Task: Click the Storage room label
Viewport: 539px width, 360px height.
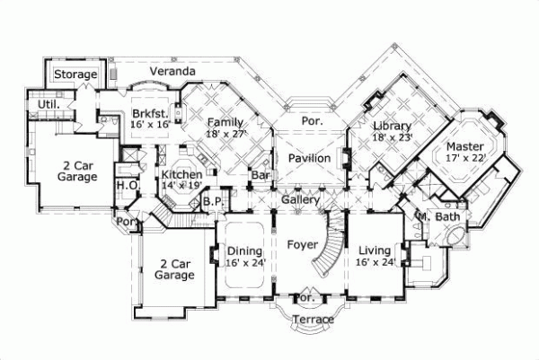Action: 75,75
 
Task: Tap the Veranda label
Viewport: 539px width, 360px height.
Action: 172,71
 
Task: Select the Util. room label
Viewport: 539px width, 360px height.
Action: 49,104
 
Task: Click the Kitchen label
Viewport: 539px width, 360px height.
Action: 181,174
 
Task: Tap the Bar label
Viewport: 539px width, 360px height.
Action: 261,175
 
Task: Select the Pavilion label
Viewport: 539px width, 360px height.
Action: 310,158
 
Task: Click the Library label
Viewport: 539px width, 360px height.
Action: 392,127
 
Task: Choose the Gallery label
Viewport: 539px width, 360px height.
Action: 300,198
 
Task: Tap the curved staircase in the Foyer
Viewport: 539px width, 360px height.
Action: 329,247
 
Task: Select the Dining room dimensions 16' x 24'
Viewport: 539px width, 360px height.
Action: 244,263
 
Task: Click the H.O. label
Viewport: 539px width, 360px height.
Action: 126,186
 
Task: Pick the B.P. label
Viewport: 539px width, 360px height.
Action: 213,202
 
